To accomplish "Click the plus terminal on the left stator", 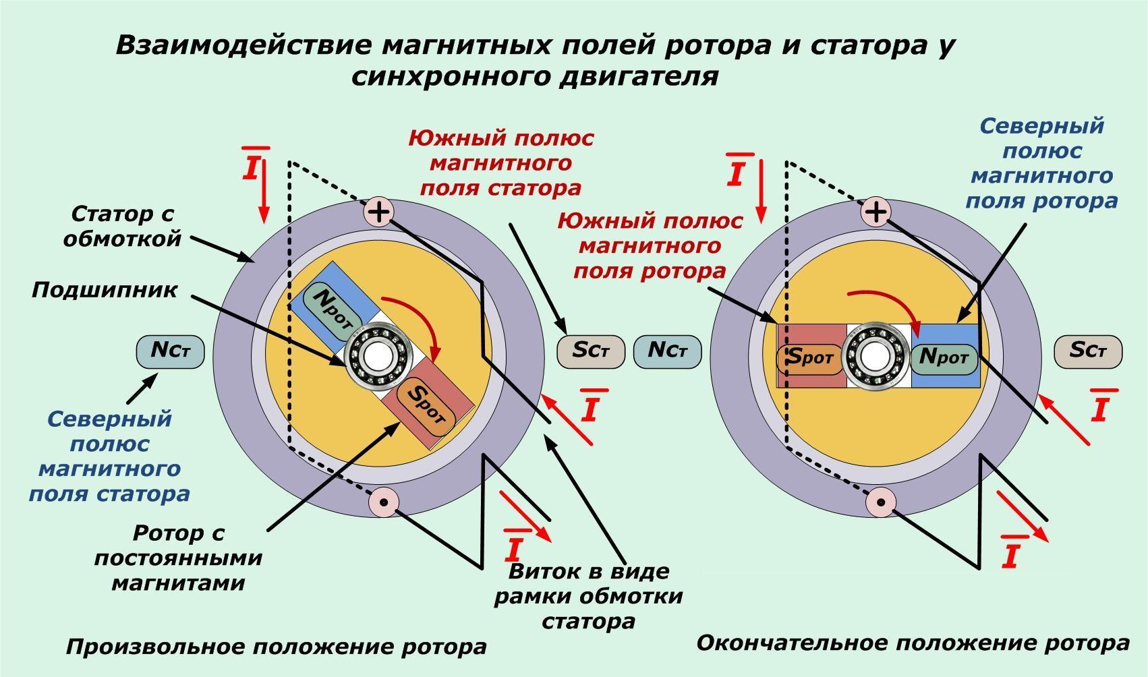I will click(x=379, y=212).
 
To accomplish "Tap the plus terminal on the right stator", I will click(x=876, y=212).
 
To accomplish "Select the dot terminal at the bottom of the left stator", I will click(x=384, y=502).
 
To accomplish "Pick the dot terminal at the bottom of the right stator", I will click(x=880, y=502).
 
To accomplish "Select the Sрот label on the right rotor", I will click(x=810, y=357).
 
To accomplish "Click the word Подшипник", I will click(x=105, y=291).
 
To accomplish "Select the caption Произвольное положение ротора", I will click(x=276, y=647).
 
